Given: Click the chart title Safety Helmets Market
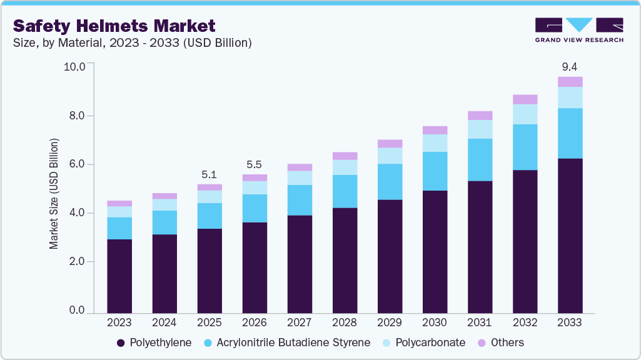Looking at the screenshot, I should click(x=114, y=26).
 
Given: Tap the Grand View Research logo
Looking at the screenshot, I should click(x=579, y=30).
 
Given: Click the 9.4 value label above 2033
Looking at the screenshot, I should click(x=570, y=67).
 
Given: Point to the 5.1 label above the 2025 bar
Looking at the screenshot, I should click(x=209, y=174).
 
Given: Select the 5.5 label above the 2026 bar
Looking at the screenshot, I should click(x=255, y=164).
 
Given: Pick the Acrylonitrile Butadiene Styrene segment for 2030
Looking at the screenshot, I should click(x=435, y=171).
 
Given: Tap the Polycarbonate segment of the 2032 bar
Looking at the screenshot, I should click(x=525, y=114).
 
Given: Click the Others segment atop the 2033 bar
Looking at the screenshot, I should click(x=570, y=82).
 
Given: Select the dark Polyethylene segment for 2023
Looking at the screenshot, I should click(x=119, y=276).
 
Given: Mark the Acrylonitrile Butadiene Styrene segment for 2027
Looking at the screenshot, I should click(x=300, y=200).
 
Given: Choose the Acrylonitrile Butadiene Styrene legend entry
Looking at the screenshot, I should click(x=287, y=342).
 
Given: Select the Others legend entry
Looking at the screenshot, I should click(x=500, y=342).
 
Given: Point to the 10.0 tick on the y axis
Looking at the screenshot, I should click(x=74, y=67).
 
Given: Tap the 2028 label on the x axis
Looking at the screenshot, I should click(x=345, y=322).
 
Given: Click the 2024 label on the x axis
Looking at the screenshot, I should click(x=164, y=322).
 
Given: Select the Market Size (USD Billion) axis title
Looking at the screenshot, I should click(x=54, y=194).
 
